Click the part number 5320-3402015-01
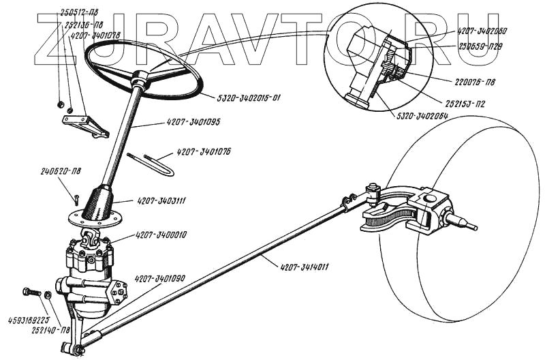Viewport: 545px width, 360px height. [x=240, y=98]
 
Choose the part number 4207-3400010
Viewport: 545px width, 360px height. [x=160, y=235]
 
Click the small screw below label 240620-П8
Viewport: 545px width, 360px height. [x=77, y=198]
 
